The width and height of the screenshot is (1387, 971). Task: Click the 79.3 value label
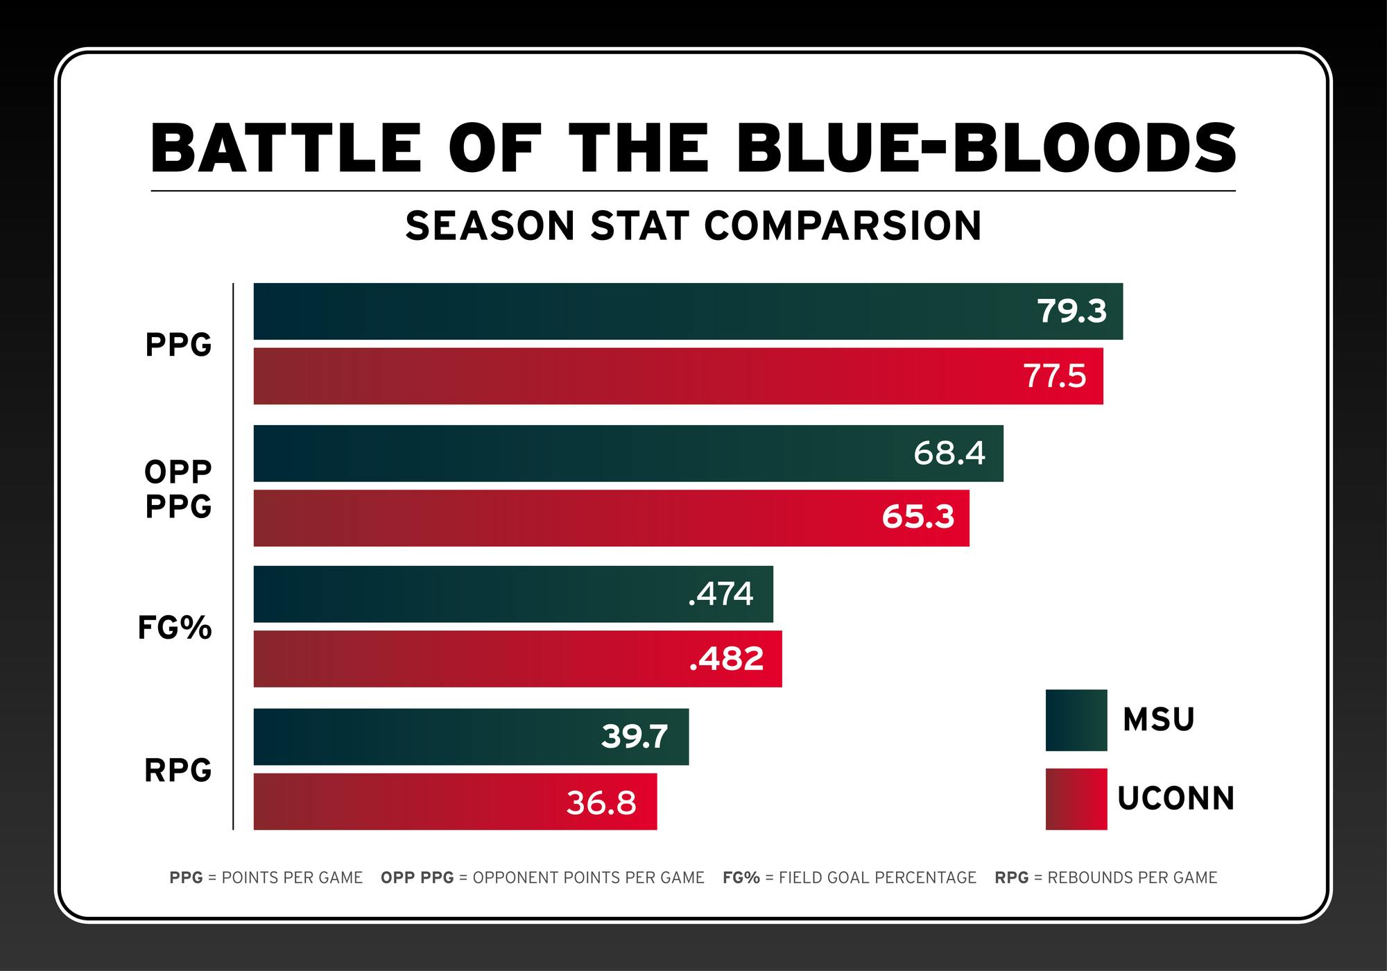pos(1071,311)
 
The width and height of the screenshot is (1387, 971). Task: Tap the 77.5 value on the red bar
pos(1055,376)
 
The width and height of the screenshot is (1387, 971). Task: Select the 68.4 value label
pos(949,453)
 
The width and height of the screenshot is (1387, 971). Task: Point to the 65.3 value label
pos(918,517)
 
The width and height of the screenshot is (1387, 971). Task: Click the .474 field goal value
pos(721,594)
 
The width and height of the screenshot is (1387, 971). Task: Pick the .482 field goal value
pos(726,659)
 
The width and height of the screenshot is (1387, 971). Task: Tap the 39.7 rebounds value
pos(634,737)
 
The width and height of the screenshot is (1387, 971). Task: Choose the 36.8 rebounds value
pos(601,802)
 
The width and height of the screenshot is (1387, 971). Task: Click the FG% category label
pos(175,628)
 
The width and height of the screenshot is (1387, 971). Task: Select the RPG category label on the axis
pos(178,771)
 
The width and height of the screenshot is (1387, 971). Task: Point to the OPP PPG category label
pos(178,489)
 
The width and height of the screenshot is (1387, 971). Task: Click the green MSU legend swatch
pos(1076,720)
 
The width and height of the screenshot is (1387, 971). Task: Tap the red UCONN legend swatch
pos(1076,799)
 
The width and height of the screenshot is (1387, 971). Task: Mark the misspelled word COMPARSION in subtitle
pos(843,226)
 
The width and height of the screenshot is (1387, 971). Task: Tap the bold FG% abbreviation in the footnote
pos(741,878)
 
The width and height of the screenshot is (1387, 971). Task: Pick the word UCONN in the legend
pos(1176,799)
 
